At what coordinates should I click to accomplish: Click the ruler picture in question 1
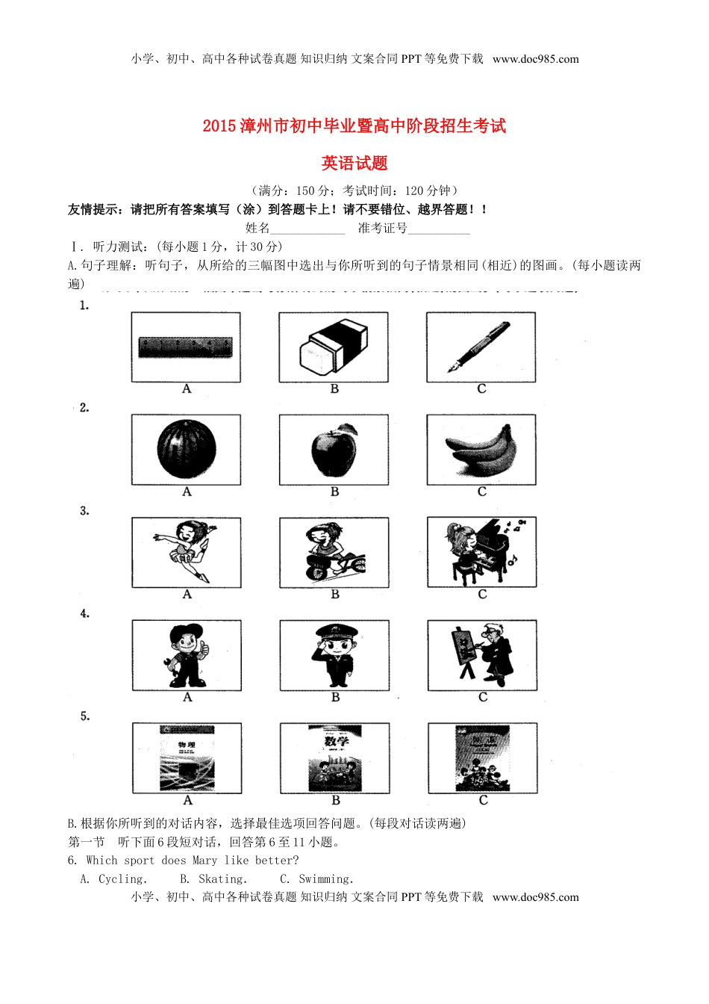coord(185,347)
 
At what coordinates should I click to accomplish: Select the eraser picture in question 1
coord(334,347)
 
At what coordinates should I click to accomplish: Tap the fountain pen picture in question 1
coord(479,347)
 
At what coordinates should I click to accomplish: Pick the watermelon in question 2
coord(186,449)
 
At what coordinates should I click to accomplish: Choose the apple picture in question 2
coord(334,450)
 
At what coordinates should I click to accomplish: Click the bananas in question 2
coord(481,450)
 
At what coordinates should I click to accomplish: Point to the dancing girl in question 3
coord(186,552)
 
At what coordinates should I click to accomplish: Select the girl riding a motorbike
coord(334,553)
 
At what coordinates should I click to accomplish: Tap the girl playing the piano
coord(481,552)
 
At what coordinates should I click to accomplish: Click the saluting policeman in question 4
coord(335,655)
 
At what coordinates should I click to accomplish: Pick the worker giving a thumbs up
coord(187,655)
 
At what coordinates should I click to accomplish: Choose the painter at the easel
coord(482,655)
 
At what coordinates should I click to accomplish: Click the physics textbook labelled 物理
coord(187,758)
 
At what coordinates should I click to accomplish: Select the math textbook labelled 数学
coord(335,758)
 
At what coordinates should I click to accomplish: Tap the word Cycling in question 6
coord(122,879)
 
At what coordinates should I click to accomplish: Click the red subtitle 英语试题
coord(354,163)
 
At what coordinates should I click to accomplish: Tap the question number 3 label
coord(84,511)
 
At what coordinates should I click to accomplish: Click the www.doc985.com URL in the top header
coord(535,59)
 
